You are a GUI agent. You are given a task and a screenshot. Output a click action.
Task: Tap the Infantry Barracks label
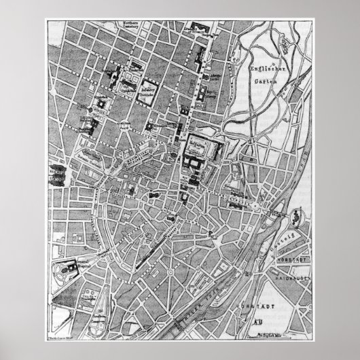[147, 90]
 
